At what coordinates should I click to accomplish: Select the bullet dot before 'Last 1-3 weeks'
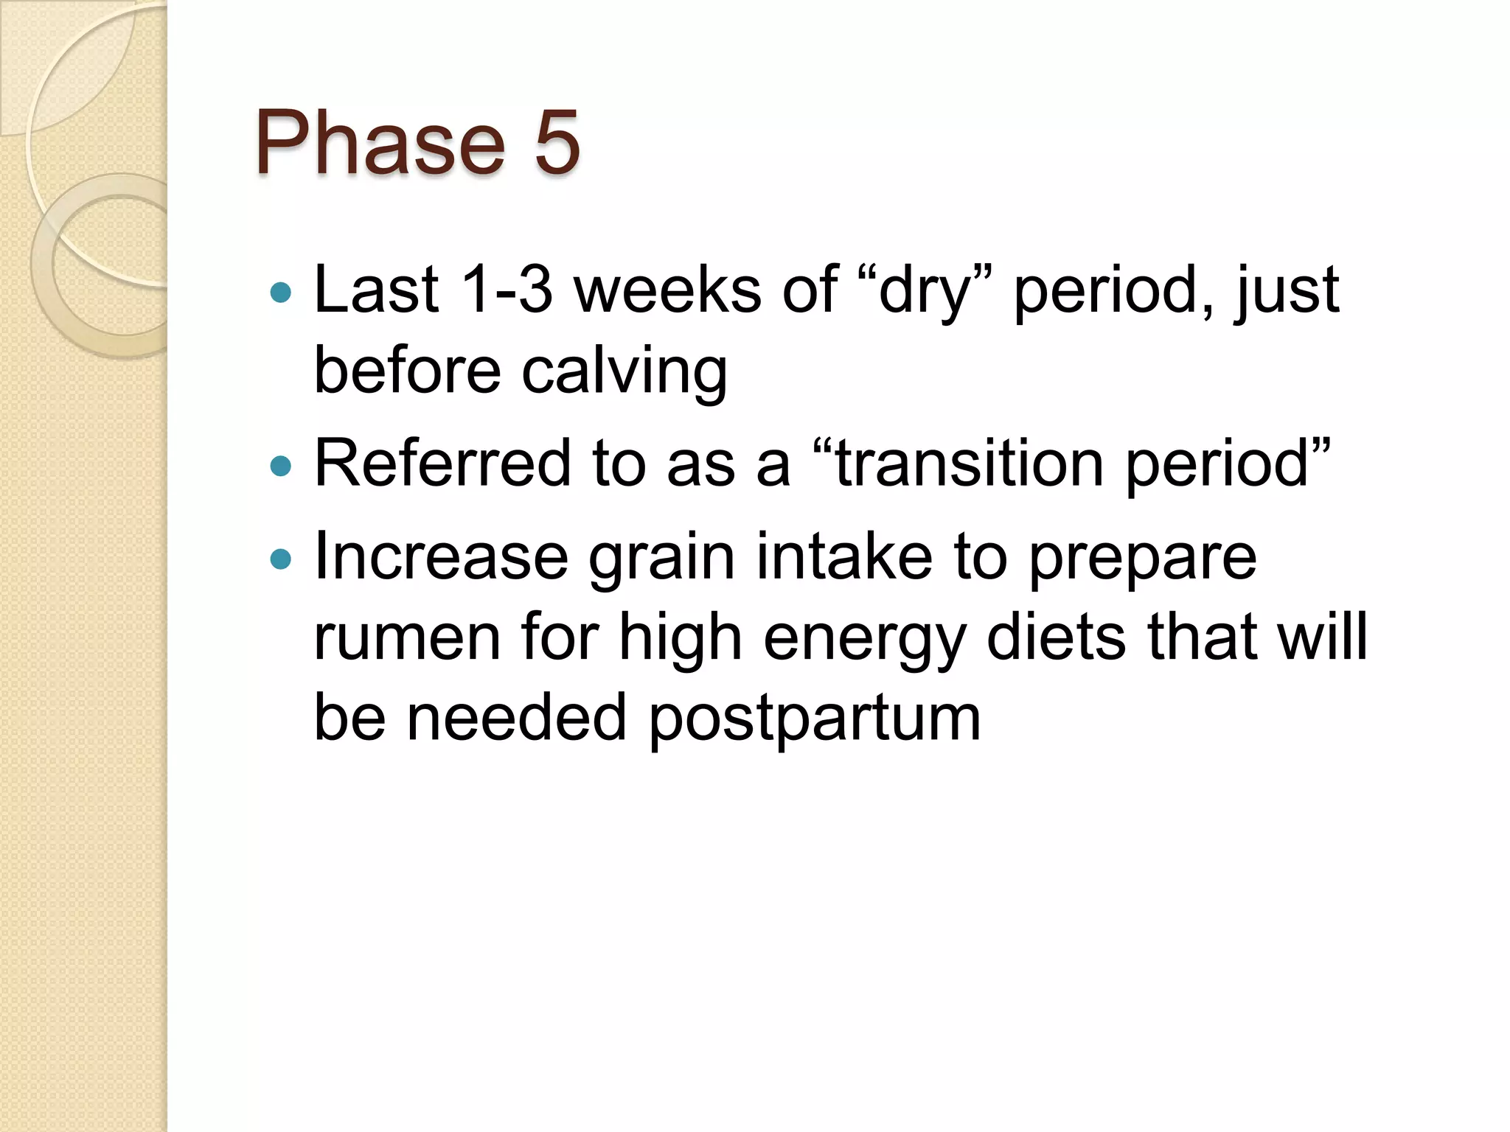tap(281, 294)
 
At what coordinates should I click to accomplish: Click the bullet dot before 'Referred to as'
tap(281, 467)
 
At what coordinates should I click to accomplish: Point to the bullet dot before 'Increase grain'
tap(281, 559)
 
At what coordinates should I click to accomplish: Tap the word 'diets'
tap(1056, 637)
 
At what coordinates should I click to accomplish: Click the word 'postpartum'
tap(815, 719)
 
